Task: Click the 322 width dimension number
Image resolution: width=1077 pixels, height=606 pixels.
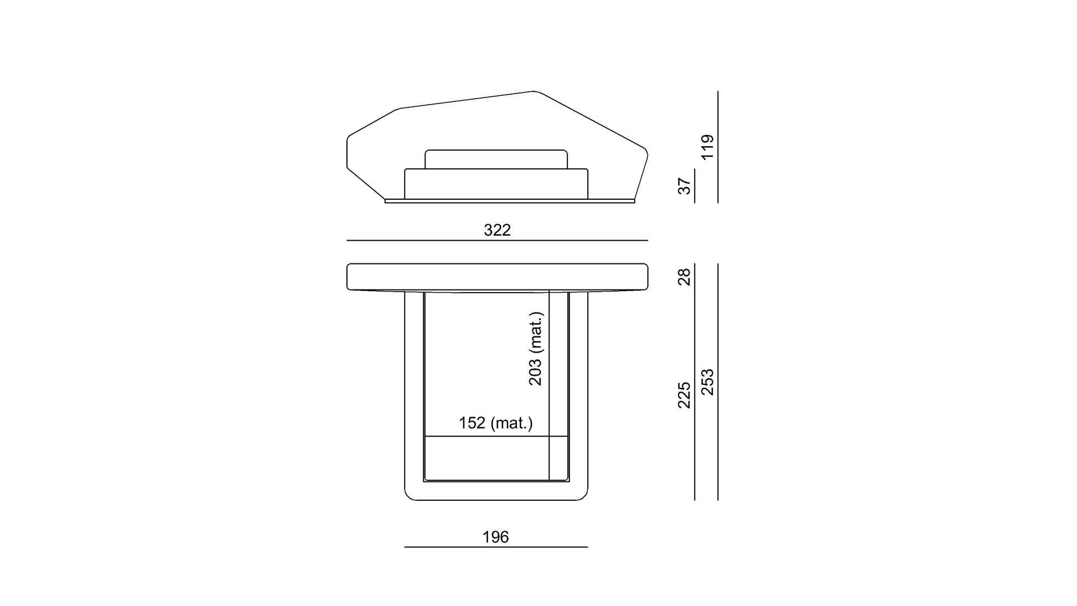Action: (x=497, y=230)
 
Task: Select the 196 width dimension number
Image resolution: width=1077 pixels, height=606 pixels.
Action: (x=495, y=537)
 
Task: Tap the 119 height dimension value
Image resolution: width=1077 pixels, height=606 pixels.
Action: (x=707, y=147)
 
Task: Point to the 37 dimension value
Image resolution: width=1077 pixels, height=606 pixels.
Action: (x=685, y=186)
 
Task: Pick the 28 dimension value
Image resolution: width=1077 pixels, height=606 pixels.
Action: (x=685, y=277)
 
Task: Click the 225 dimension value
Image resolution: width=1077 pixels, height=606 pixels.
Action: (x=685, y=395)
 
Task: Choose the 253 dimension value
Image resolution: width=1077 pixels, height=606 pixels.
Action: (x=707, y=382)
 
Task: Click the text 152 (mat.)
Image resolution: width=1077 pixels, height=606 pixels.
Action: (x=496, y=423)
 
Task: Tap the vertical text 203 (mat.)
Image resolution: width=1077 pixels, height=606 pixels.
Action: (x=536, y=349)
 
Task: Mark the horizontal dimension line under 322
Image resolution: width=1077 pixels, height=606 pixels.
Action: (x=497, y=241)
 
